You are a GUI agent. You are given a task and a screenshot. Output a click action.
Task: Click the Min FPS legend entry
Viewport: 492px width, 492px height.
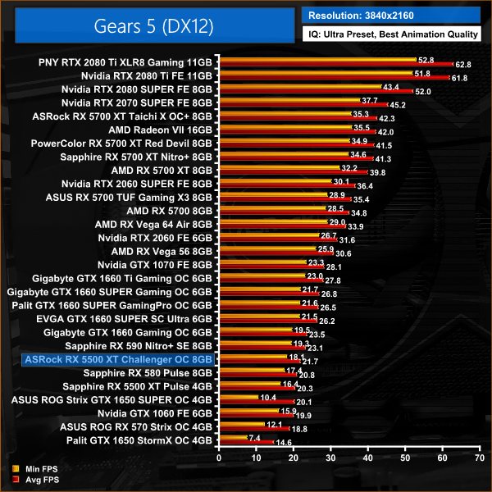coord(28,469)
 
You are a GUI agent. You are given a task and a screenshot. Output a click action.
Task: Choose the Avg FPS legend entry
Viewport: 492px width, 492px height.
coord(28,479)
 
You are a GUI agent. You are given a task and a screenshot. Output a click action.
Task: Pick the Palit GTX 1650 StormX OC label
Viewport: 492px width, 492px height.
coord(146,440)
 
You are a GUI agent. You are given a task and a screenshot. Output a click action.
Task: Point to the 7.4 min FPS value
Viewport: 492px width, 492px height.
coord(255,437)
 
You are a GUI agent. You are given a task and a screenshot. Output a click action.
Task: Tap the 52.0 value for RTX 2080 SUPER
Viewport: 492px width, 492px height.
coord(423,91)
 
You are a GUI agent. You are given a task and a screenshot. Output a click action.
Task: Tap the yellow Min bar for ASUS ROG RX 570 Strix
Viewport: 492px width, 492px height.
coord(243,424)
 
